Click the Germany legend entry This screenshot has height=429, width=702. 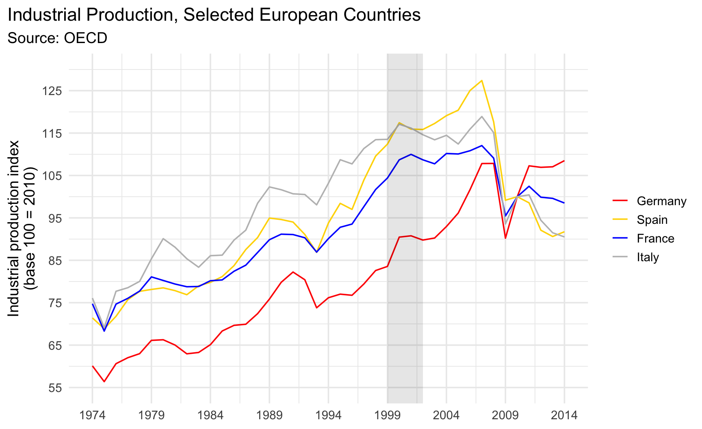click(649, 201)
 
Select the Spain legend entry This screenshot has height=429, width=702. click(640, 220)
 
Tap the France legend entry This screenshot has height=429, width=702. click(643, 238)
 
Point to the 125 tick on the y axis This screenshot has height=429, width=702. click(52, 91)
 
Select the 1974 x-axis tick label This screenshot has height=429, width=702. click(93, 415)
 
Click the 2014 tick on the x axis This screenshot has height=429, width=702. click(564, 415)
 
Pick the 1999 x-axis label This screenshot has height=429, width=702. click(387, 415)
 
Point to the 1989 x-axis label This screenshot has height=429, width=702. click(269, 415)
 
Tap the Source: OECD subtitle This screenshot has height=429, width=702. click(57, 38)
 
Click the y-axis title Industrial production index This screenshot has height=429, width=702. click(14, 228)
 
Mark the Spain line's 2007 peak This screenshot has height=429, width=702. click(482, 80)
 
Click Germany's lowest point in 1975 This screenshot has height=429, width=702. click(104, 381)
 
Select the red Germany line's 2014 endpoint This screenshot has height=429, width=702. click(564, 161)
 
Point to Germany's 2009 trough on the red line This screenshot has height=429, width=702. click(505, 238)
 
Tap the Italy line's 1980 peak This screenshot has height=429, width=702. click(163, 238)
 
